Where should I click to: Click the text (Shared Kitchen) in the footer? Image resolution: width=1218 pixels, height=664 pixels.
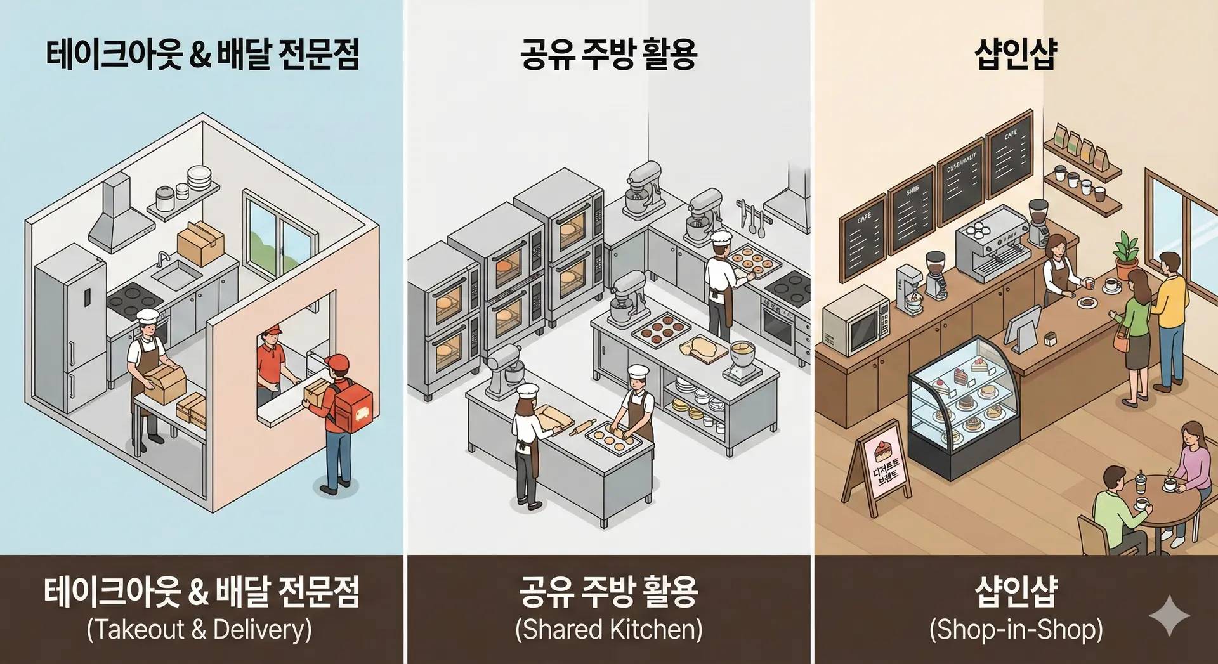click(609, 630)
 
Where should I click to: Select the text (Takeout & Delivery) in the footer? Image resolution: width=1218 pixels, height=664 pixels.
click(199, 630)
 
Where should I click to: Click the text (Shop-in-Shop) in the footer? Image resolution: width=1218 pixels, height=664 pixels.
click(1016, 630)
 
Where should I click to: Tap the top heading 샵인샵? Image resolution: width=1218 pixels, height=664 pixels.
click(1016, 54)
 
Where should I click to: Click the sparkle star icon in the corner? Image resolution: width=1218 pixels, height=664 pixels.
click(1169, 615)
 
